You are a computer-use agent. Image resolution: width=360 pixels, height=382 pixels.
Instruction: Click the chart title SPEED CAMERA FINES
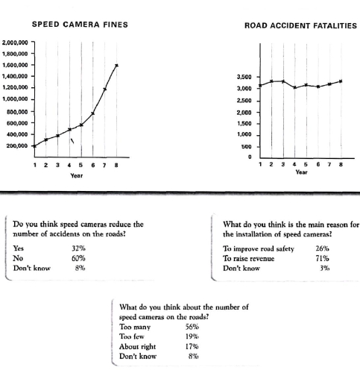[x=80, y=25]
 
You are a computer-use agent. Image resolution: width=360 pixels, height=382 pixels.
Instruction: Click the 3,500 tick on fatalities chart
[x=244, y=78]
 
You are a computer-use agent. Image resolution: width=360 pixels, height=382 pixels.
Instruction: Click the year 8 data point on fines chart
[x=116, y=66]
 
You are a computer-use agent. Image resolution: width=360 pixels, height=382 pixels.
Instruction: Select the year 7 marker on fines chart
[x=105, y=90]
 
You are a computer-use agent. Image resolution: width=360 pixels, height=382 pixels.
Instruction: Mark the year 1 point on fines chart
[x=35, y=145]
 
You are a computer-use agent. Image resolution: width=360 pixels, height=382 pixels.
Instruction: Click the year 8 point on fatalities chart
[x=341, y=81]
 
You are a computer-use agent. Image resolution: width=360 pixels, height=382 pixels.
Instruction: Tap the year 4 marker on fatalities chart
[x=294, y=88]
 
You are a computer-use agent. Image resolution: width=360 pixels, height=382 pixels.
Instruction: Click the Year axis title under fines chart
[x=76, y=176]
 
